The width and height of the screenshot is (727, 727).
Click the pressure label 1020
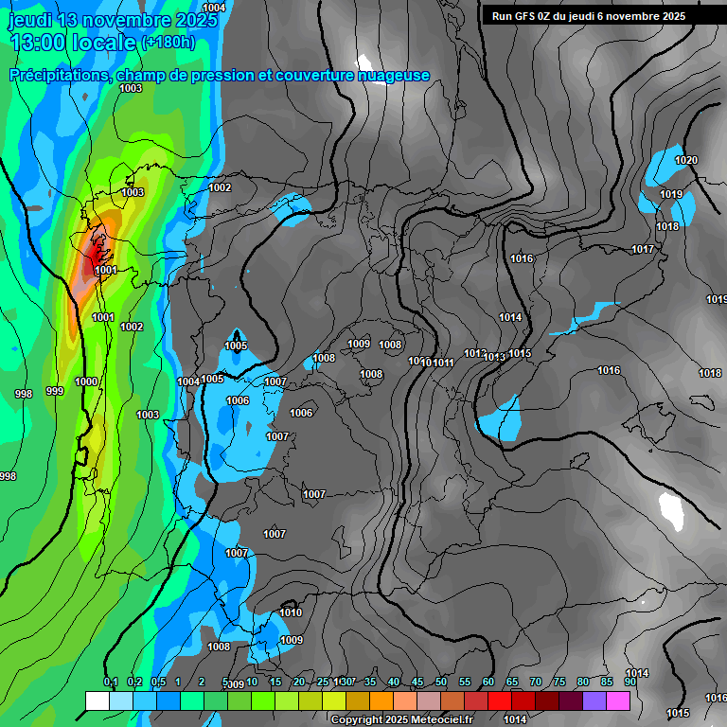[685, 160]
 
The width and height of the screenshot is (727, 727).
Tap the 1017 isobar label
[643, 249]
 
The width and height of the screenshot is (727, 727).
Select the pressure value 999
[55, 391]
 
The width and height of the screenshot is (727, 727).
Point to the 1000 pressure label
[86, 381]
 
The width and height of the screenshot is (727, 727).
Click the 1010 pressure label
[291, 612]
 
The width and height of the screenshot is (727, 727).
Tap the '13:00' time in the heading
[38, 43]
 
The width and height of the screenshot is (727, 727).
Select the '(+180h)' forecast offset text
[168, 43]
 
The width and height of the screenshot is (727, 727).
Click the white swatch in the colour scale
[97, 700]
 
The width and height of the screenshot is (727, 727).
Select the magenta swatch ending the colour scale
[618, 700]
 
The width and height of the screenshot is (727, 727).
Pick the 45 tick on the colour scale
[417, 683]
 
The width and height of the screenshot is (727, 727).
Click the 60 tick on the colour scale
[488, 683]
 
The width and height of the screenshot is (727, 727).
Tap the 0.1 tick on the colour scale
[110, 683]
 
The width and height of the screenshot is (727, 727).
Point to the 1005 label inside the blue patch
[236, 346]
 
